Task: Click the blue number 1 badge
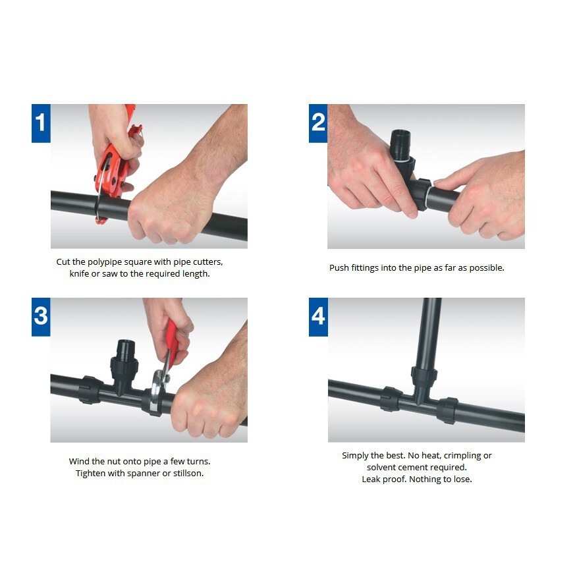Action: point(41,123)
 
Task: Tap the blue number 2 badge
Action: point(318,123)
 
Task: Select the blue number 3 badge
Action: point(41,317)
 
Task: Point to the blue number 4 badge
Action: point(318,317)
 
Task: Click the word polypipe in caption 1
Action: point(105,262)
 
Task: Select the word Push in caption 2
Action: point(339,267)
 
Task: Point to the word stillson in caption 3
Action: point(188,473)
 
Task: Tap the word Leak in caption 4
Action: point(370,479)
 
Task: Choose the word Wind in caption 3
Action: point(79,461)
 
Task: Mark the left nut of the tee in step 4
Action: point(391,398)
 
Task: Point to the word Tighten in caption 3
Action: point(90,474)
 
